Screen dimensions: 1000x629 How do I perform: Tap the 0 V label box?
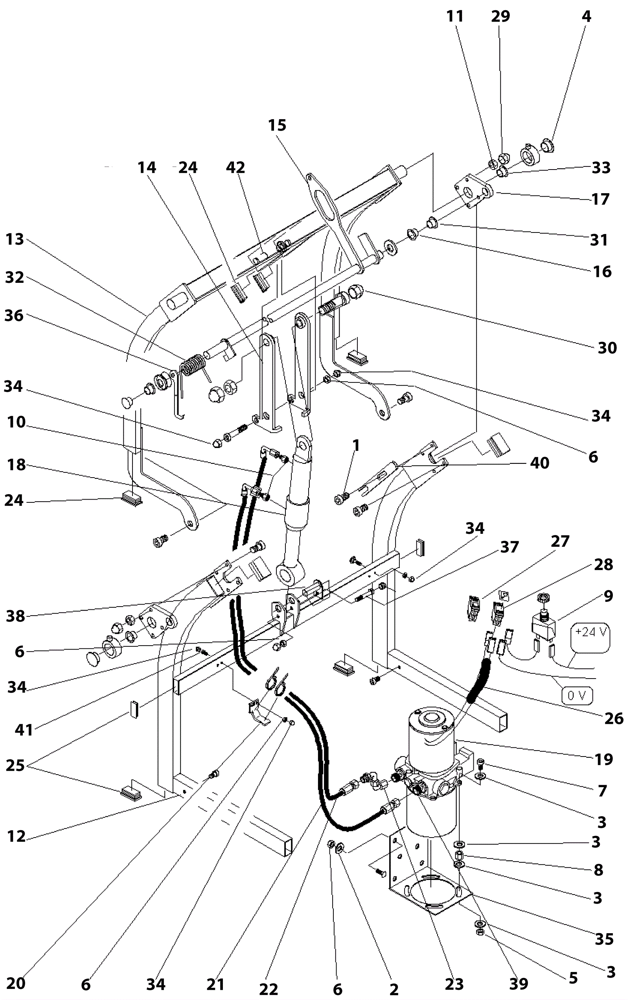576,695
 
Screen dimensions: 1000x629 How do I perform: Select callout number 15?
277,125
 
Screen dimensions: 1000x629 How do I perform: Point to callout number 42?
235,167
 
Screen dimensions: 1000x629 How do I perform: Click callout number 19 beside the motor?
604,759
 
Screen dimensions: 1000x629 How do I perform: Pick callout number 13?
15,239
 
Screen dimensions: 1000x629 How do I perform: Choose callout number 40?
539,463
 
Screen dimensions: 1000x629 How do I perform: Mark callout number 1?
355,445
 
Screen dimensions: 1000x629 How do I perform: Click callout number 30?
607,348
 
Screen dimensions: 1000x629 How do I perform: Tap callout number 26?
614,718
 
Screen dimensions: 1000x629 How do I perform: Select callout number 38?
15,616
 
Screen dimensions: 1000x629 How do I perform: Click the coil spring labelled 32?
192,365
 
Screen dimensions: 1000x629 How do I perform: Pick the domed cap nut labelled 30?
357,292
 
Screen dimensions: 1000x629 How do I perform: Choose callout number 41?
24,730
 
